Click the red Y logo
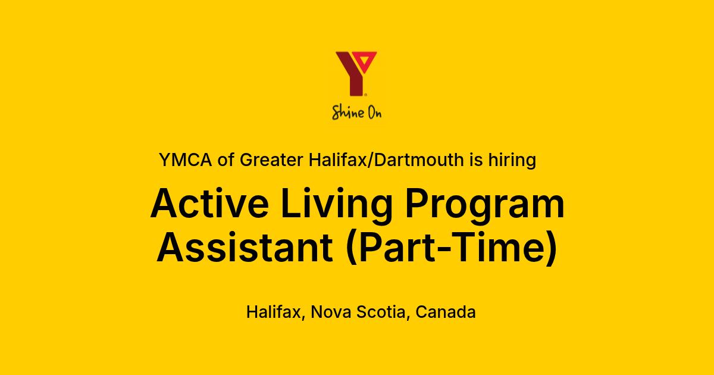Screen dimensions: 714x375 pyautogui.click(x=356, y=73)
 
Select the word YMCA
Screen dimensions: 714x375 pyautogui.click(x=186, y=160)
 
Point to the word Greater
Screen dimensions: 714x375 pyautogui.click(x=271, y=160)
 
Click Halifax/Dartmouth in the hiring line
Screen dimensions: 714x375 pyautogui.click(x=386, y=160)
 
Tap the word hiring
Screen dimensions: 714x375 pyautogui.click(x=512, y=160)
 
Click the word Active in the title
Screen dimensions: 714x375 pyautogui.click(x=209, y=203)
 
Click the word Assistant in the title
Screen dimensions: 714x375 pyautogui.click(x=245, y=248)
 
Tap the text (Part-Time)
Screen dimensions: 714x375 pyautogui.click(x=452, y=248)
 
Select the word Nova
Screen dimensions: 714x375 pyautogui.click(x=331, y=312)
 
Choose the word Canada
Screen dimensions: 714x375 pyautogui.click(x=445, y=312)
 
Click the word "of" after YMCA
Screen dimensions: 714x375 pyautogui.click(x=226, y=160)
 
